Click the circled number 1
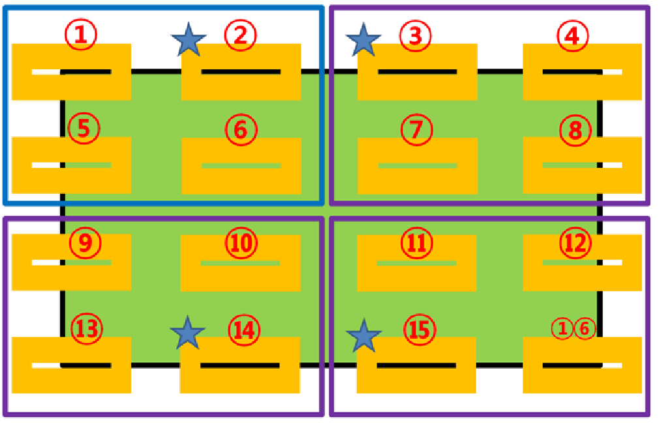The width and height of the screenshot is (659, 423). (x=81, y=35)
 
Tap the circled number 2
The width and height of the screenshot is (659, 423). (x=240, y=35)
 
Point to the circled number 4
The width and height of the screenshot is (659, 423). (x=572, y=35)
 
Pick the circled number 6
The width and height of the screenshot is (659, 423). (x=241, y=130)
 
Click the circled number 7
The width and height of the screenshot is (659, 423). (x=416, y=129)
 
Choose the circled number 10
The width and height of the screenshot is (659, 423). (x=241, y=243)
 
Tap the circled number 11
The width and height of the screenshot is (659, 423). (x=417, y=243)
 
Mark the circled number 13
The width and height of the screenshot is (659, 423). (x=87, y=328)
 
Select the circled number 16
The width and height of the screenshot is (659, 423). (x=574, y=328)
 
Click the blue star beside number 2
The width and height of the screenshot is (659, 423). (x=189, y=40)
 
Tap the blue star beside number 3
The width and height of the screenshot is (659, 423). (x=363, y=40)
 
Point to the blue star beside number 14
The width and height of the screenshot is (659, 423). (x=188, y=333)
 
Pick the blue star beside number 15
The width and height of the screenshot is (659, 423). (x=363, y=335)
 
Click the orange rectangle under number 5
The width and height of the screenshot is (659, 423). (x=72, y=165)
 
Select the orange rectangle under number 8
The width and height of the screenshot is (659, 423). (x=582, y=165)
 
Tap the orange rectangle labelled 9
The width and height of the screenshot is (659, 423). (x=72, y=262)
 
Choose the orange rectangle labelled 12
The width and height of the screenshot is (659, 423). (x=582, y=262)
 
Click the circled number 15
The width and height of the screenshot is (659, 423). (x=420, y=330)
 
